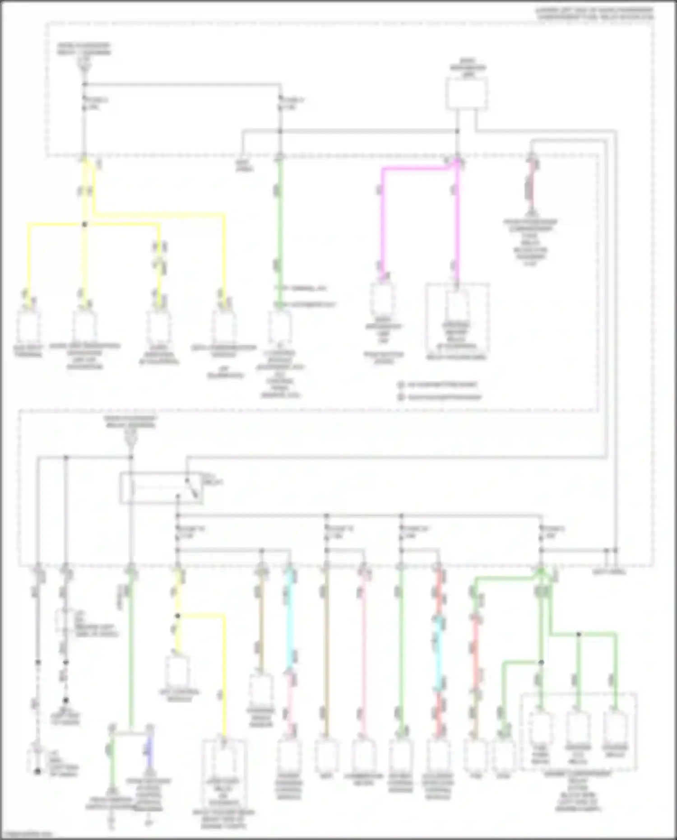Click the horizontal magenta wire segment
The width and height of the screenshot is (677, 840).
[415, 169]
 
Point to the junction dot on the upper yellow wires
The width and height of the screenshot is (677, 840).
[84, 224]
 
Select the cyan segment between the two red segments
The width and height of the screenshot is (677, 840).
[437, 650]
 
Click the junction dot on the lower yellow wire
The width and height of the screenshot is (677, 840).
[177, 615]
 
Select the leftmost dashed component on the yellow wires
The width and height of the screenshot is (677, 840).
[28, 325]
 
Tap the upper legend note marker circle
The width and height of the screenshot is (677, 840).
[400, 385]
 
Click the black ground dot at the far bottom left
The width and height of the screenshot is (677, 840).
[38, 772]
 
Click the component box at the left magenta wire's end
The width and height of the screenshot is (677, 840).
[382, 300]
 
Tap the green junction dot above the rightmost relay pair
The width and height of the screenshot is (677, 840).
[579, 634]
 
